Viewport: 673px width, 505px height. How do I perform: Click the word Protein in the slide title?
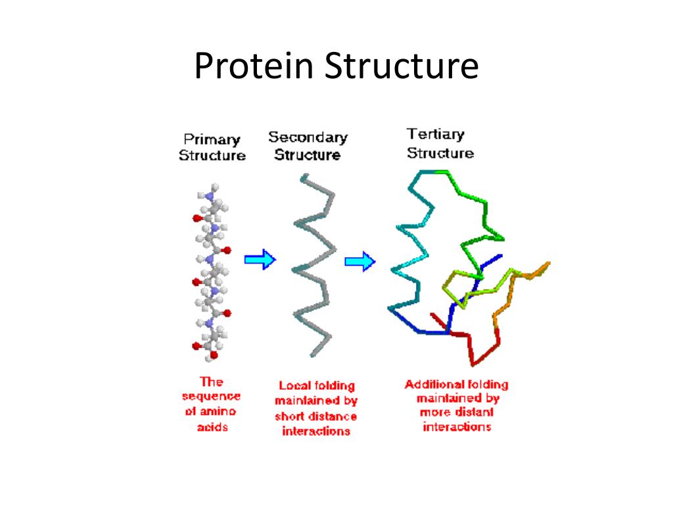(248, 68)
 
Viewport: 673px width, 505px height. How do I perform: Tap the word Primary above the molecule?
(212, 139)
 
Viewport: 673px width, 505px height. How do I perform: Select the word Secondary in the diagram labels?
(308, 137)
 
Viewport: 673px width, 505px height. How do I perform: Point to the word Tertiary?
(435, 135)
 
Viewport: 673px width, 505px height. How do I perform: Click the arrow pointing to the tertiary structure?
(360, 262)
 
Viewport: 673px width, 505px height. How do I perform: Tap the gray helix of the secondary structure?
(314, 263)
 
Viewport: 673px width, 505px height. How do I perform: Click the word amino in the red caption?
(220, 412)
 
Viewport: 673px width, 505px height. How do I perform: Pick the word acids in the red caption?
(212, 427)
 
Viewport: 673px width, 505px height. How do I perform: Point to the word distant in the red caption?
(472, 413)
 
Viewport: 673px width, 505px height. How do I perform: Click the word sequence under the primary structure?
(211, 397)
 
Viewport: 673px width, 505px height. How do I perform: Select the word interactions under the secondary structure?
(316, 431)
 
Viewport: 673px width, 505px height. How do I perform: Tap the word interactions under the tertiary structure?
(457, 427)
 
